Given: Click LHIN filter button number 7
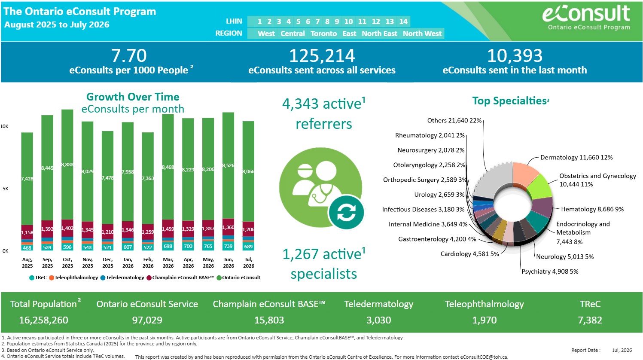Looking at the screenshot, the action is tap(317, 21).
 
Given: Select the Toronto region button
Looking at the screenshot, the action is tap(323, 34).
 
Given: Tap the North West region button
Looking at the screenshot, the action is tap(422, 34).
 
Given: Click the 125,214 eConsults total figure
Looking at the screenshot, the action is tap(322, 55).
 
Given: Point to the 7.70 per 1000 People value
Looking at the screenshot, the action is tap(128, 55).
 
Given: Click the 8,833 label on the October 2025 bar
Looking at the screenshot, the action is tap(67, 165).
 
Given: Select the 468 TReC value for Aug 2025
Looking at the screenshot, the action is tap(27, 248).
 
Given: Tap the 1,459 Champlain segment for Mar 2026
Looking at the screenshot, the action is tap(168, 229).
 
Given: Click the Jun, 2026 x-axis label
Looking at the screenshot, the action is tap(228, 262).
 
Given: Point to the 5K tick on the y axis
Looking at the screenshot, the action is tap(6, 189).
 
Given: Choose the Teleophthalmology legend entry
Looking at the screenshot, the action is tap(73, 278).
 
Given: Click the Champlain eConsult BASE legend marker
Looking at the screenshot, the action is tap(149, 278).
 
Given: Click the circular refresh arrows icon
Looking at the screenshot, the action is tap(346, 213).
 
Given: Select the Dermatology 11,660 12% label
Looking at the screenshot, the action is tap(576, 157).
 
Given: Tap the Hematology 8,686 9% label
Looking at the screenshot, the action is tap(592, 209).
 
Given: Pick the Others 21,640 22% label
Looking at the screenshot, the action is tap(454, 121).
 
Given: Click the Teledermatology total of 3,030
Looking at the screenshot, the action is tap(378, 320).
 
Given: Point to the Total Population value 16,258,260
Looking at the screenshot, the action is tap(44, 320).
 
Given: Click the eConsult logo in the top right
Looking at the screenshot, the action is tap(586, 17).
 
